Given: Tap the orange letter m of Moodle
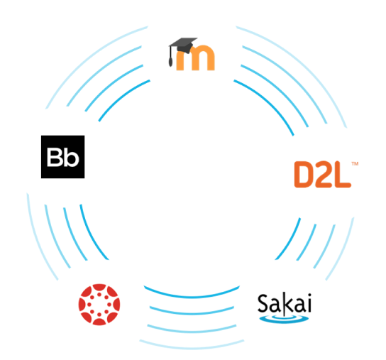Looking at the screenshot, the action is tap(195, 58).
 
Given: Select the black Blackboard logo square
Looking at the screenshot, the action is tap(62, 157).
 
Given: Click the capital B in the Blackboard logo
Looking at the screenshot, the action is tap(55, 157).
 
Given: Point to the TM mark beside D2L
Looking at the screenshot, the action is tap(355, 163).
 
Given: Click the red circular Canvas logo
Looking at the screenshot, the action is tap(99, 305).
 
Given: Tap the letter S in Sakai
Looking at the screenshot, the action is tap(263, 302).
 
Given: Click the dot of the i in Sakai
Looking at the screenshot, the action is tap(309, 295).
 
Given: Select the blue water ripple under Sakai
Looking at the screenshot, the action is tap(284, 319).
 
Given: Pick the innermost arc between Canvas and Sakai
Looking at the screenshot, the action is tap(192, 296).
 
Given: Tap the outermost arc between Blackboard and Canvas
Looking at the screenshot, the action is tap(37, 240).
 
